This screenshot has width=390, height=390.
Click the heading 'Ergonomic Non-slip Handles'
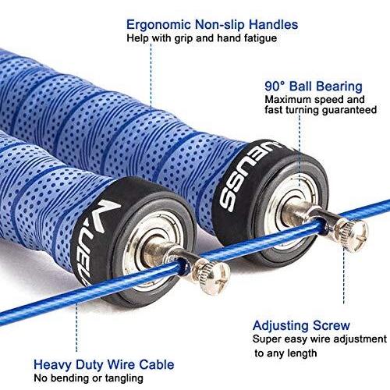coord(212,25)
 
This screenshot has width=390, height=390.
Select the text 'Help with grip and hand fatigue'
coord(202,38)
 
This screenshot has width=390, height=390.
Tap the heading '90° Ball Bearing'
coord(314,87)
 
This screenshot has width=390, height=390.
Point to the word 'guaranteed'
coord(349,110)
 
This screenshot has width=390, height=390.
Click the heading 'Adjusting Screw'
coord(301,326)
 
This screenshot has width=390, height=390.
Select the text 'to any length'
coord(285,353)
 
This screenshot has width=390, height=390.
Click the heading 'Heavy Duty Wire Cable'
coord(104,365)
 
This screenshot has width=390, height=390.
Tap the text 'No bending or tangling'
coord(88,378)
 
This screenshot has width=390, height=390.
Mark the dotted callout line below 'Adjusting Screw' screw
coord(344,275)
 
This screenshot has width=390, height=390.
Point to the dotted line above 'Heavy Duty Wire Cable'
coord(76,328)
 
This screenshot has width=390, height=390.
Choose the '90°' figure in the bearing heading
coord(275,87)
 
